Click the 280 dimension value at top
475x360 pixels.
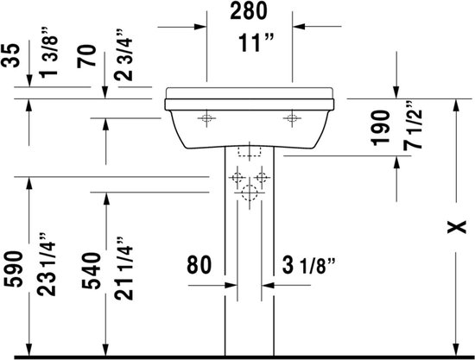[249, 12]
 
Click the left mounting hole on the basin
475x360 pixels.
[208, 117]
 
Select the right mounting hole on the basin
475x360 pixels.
[292, 117]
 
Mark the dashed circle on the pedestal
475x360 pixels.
[250, 193]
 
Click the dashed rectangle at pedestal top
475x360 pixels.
[250, 151]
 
